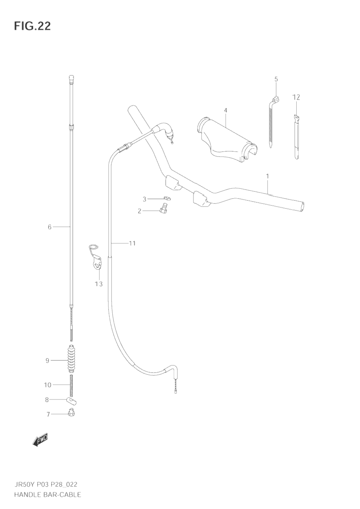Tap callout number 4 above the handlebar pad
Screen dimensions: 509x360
point(225,110)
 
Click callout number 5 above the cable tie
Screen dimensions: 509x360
point(276,79)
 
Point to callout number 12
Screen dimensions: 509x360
point(296,97)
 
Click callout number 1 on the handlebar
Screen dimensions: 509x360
point(267,176)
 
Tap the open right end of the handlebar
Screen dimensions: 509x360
point(302,207)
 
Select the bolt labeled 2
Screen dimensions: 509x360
point(163,208)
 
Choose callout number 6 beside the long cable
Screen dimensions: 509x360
point(49,227)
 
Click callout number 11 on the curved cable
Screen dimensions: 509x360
point(132,243)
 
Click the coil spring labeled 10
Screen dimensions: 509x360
point(71,385)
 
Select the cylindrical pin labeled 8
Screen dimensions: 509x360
point(72,400)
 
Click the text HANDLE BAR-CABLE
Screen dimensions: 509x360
point(47,495)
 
